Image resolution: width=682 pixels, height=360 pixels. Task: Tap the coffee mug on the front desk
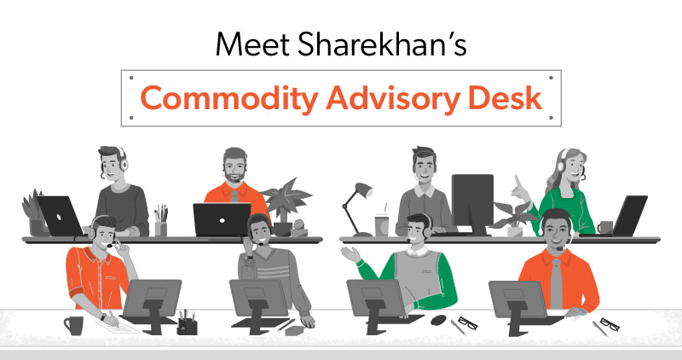pyautogui.click(x=73, y=325)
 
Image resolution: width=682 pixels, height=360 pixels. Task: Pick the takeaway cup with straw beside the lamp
pyautogui.click(x=381, y=223)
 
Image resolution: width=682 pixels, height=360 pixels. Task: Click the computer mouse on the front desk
pyautogui.click(x=438, y=319)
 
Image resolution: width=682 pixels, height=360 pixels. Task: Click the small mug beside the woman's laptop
pyautogui.click(x=605, y=227)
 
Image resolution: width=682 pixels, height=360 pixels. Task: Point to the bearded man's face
pyautogui.click(x=234, y=165)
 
